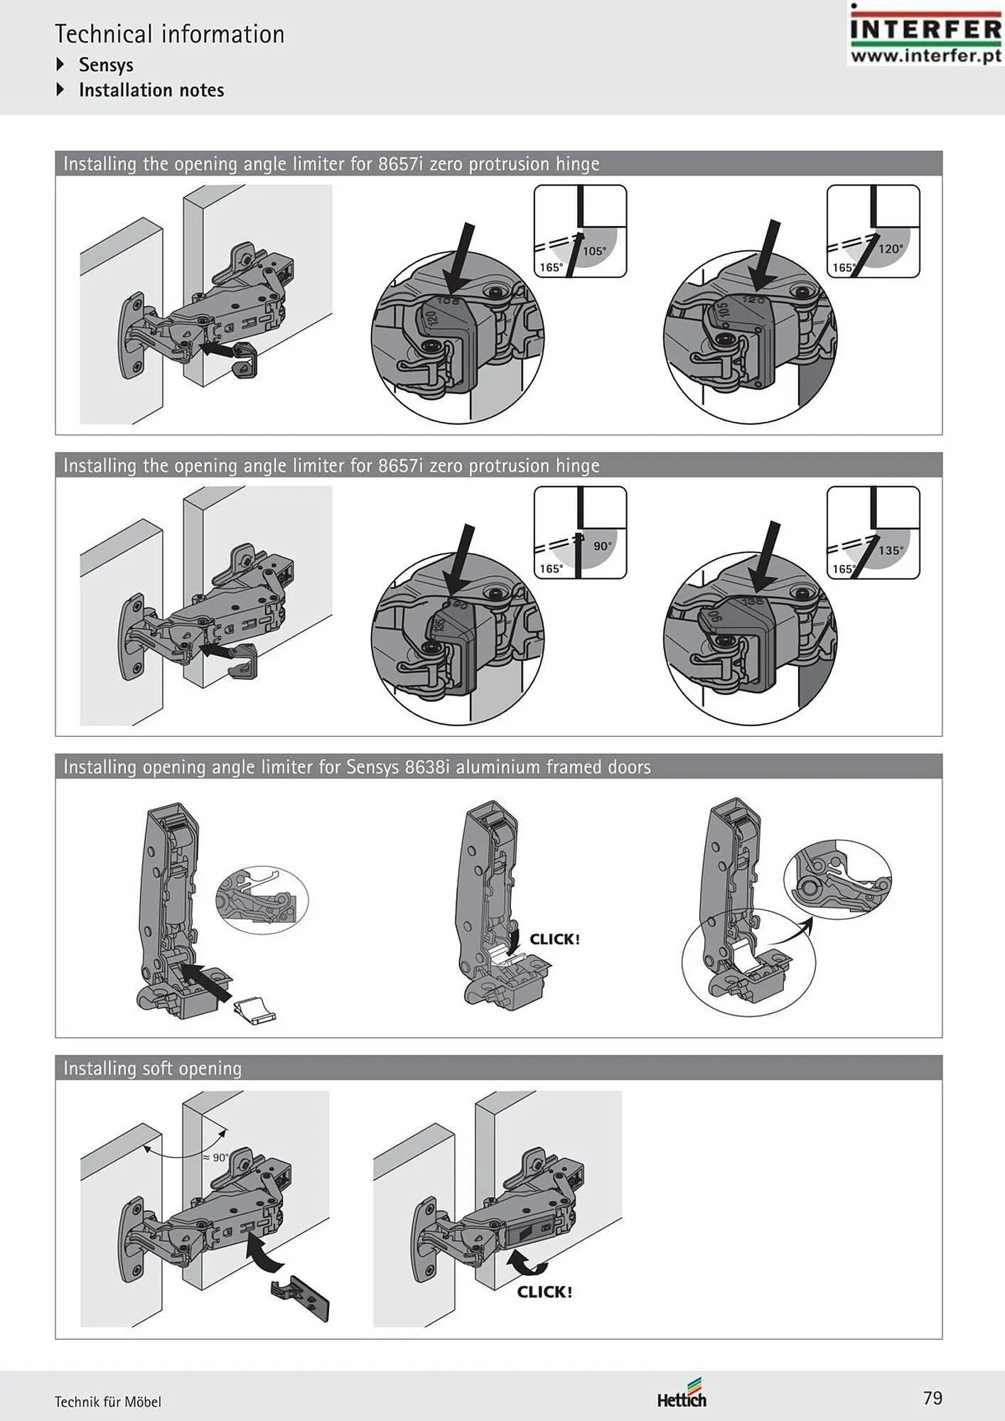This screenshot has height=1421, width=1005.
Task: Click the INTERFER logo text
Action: [x=925, y=30]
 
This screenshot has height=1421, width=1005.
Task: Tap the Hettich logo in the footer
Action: [x=681, y=1399]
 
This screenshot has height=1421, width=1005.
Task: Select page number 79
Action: [x=933, y=1398]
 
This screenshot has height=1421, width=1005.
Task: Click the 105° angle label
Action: [x=594, y=251]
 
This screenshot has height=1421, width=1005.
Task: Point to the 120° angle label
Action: [x=890, y=249]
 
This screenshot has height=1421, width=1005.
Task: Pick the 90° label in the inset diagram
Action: [x=602, y=546]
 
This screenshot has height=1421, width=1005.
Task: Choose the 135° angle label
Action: [x=891, y=550]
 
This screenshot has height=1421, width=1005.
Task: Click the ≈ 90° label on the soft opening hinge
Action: [x=216, y=1157]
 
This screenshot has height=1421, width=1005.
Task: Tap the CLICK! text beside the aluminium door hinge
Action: [x=554, y=939]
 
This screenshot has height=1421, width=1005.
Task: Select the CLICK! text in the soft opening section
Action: [x=544, y=1292]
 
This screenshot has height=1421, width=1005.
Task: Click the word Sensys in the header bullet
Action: [x=106, y=65]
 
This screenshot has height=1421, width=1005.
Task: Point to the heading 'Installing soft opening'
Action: [x=152, y=1068]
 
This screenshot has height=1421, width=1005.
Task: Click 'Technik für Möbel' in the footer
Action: [x=108, y=1402]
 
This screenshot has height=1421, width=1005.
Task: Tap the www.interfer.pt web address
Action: [x=925, y=55]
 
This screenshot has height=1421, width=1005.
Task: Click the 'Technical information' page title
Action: [x=169, y=34]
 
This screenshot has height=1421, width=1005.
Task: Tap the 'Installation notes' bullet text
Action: [x=151, y=90]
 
